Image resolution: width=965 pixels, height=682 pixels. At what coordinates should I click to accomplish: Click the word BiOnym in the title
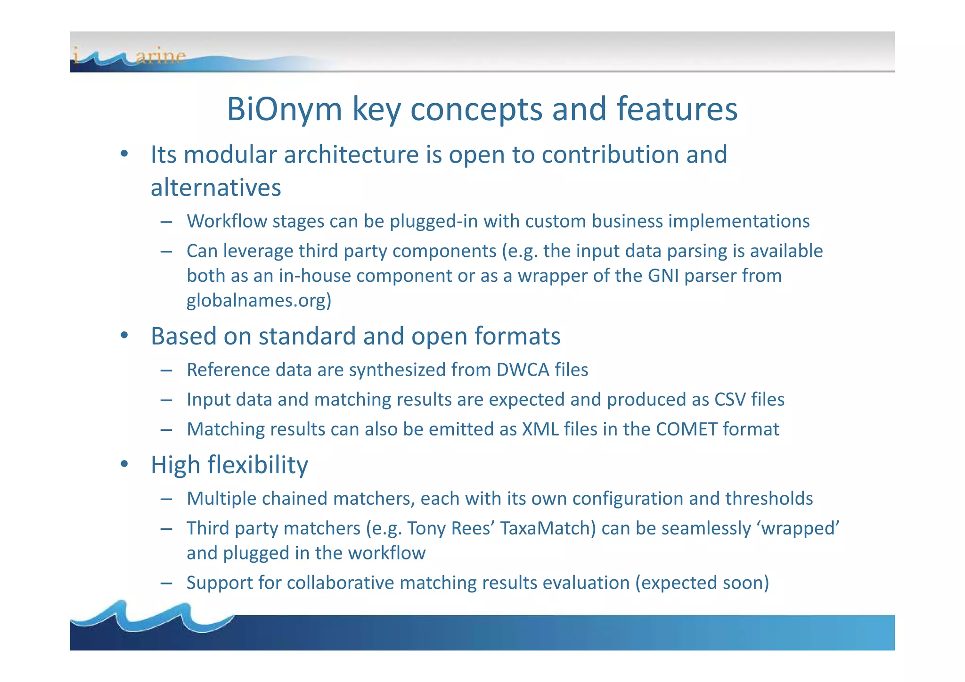point(284,109)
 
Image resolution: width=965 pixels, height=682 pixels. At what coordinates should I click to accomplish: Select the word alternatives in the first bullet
point(215,188)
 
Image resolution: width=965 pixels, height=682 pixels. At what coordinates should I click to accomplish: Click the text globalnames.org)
point(259,300)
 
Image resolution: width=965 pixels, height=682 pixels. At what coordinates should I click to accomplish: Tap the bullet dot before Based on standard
point(124,336)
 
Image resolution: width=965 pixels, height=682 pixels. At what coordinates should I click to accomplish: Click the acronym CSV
point(730,400)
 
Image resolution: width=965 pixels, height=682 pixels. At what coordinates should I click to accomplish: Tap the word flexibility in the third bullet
point(258,465)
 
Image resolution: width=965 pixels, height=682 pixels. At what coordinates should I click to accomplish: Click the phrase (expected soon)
point(702,583)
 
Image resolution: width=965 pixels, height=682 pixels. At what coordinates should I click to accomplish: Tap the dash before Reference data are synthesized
point(166,370)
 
